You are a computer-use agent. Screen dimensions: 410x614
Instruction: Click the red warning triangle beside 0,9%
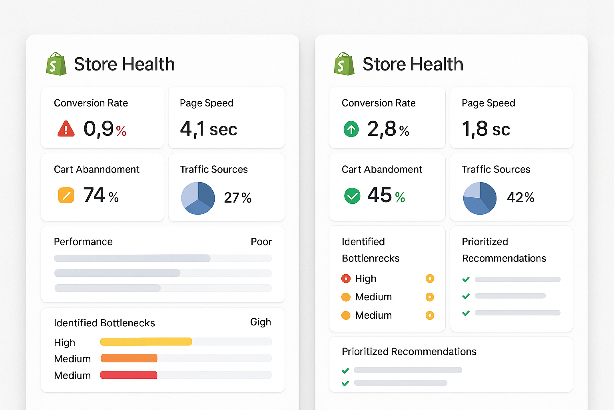click(66, 129)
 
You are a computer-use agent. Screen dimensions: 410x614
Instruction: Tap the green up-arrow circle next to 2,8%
click(351, 129)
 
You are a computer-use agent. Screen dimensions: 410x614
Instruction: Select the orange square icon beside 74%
click(66, 195)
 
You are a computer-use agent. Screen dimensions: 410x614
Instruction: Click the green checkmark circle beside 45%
click(352, 196)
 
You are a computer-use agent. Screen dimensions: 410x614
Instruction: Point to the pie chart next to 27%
click(198, 198)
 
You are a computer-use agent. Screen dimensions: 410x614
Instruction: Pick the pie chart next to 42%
click(480, 198)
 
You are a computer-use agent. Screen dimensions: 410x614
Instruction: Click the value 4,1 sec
click(208, 129)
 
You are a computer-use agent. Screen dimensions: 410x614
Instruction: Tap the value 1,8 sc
click(486, 129)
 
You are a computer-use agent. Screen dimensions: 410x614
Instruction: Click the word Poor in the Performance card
click(261, 242)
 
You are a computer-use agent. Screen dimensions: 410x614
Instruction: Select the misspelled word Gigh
click(260, 322)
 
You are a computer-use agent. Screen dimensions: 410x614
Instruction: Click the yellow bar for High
click(146, 342)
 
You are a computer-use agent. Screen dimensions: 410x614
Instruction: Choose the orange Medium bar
click(129, 358)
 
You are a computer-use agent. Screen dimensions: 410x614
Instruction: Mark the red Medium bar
click(128, 375)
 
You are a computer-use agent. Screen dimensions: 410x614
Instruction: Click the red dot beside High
click(346, 279)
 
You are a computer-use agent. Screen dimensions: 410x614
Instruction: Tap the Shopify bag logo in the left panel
click(56, 64)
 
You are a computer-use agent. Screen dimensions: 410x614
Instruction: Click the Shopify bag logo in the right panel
click(344, 64)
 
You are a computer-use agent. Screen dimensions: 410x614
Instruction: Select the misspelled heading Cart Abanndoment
click(96, 170)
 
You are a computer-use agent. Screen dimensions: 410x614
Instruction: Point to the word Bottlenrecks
click(371, 259)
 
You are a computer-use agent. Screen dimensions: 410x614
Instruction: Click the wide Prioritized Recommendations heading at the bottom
click(409, 352)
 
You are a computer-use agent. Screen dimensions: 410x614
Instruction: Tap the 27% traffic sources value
click(237, 198)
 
